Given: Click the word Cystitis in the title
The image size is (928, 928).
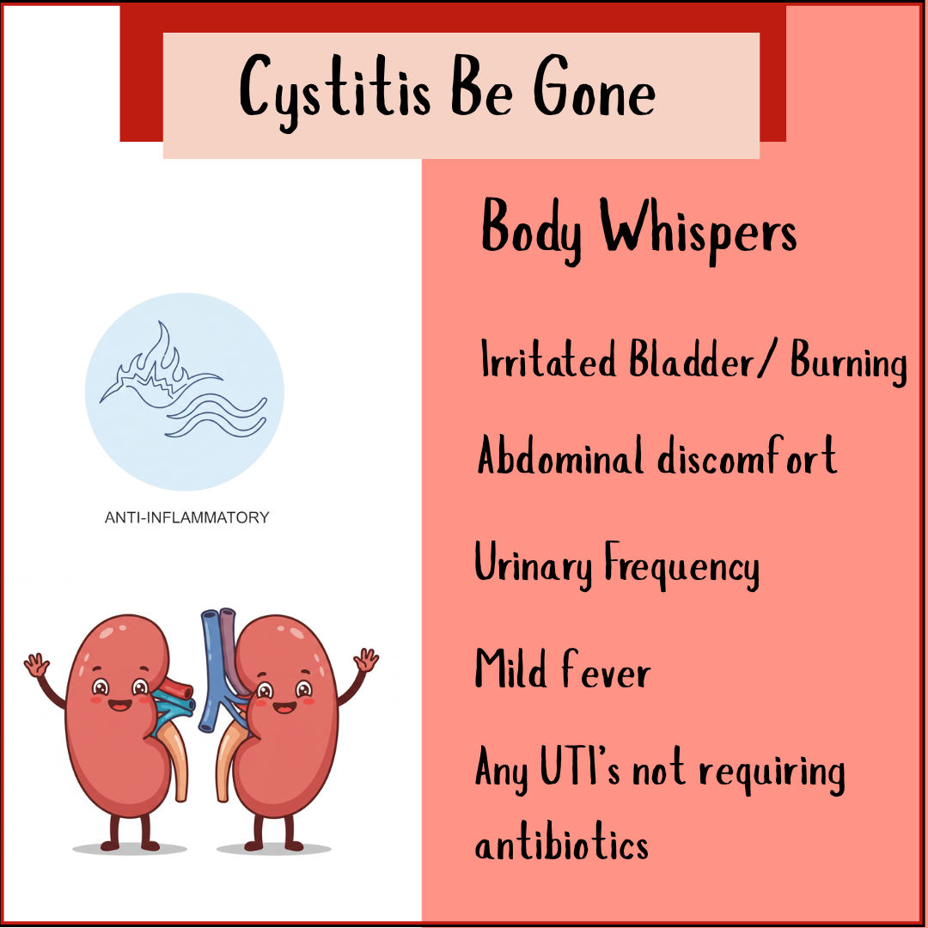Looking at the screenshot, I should (335, 89).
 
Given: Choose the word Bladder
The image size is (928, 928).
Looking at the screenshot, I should (694, 361).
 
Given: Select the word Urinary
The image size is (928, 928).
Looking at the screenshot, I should (534, 567).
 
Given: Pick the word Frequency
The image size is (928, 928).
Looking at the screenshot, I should (681, 567).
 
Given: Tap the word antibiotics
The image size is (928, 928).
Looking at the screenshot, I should (562, 844).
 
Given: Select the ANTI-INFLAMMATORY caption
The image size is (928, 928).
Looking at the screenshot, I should (186, 517).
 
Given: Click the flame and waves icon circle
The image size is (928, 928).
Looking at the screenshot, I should (185, 389).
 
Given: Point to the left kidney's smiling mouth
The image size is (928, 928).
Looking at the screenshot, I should (118, 706).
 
